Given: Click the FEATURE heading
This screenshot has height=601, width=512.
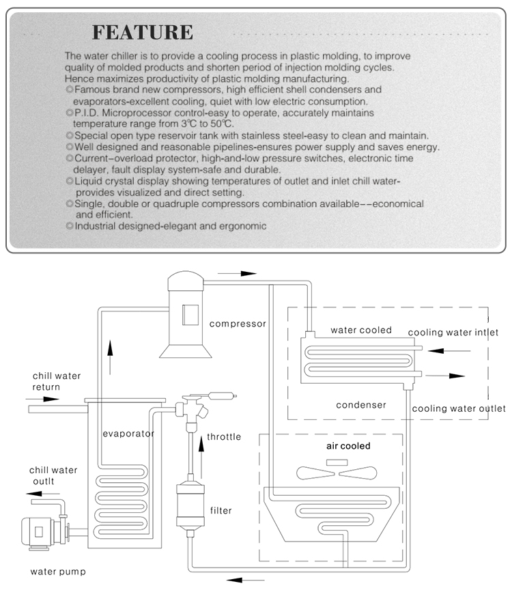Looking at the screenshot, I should click(x=143, y=32).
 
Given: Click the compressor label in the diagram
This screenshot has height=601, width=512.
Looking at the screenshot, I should click(x=238, y=323).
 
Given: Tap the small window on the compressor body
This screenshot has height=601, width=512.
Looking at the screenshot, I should click(x=189, y=313).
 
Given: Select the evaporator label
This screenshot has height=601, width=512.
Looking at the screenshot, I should click(x=128, y=433).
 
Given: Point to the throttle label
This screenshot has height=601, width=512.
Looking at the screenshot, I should click(x=224, y=437).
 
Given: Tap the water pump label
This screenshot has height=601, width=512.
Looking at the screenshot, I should click(x=57, y=571).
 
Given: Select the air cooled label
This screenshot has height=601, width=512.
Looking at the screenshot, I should click(x=347, y=446).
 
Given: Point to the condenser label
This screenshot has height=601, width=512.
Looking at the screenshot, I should click(x=361, y=404).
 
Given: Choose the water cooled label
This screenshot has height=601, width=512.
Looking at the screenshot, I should click(x=361, y=330).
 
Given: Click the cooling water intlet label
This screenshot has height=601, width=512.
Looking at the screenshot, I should click(x=453, y=333).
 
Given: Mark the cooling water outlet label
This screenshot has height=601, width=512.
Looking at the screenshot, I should click(x=458, y=408).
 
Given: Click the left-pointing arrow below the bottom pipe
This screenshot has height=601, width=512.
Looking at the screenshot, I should click(x=245, y=581).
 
